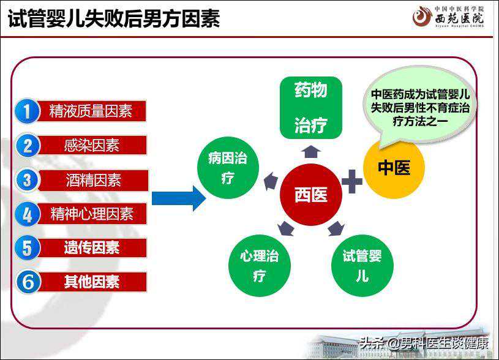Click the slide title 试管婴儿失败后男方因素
click(x=114, y=19)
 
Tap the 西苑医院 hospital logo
click(x=448, y=17)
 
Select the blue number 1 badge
click(x=28, y=111)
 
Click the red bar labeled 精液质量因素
click(x=92, y=111)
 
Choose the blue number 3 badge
click(x=28, y=180)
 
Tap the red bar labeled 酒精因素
click(x=93, y=181)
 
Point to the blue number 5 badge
click(x=28, y=247)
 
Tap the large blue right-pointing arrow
click(x=179, y=198)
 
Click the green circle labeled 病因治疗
click(x=228, y=168)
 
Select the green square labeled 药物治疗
click(x=311, y=108)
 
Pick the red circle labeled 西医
click(x=311, y=195)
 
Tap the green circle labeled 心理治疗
click(x=260, y=266)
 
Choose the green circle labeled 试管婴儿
click(x=362, y=266)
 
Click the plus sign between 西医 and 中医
click(x=352, y=181)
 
